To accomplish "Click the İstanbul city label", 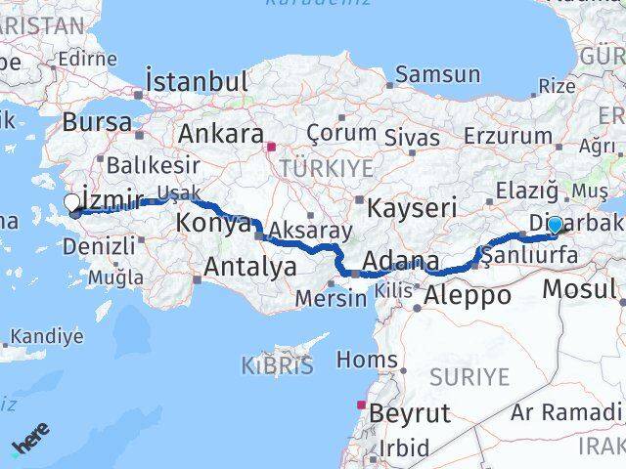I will point(196,79).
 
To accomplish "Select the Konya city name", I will point(213,223).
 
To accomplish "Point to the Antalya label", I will point(250,265).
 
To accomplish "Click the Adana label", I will point(400,262).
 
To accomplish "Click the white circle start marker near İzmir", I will point(72,203).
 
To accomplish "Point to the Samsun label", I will point(437,74).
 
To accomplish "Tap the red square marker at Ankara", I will point(271,148).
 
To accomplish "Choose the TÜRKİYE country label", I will point(326,169).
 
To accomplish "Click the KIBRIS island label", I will point(277,366).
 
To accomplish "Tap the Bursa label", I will point(96,122).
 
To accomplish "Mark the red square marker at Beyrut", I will point(362,405).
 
